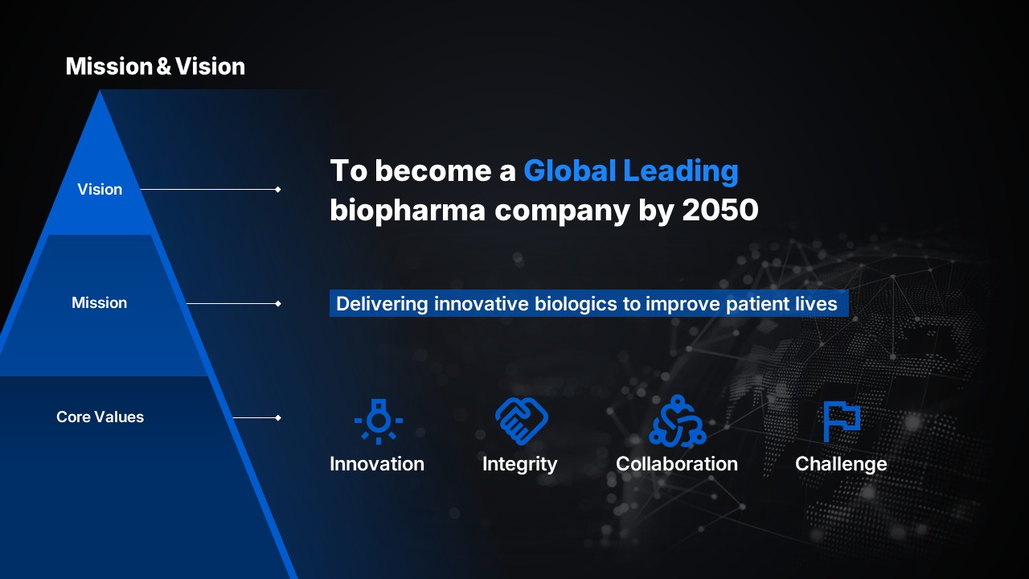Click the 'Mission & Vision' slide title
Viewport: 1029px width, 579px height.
[x=155, y=66]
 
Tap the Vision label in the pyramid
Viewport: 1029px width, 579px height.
[x=100, y=189]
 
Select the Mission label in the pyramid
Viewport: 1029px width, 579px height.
[x=99, y=303]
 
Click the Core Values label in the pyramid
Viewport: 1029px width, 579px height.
[x=100, y=417]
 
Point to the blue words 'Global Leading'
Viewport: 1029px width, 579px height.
[x=631, y=171]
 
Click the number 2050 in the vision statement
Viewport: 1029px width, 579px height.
[x=719, y=210]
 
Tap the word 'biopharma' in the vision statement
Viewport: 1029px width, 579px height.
[x=408, y=211]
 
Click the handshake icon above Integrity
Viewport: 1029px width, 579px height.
[x=522, y=421]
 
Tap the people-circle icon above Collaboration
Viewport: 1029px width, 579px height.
[x=677, y=421]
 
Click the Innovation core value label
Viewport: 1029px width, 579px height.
[x=377, y=464]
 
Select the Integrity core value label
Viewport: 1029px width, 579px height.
[x=519, y=465]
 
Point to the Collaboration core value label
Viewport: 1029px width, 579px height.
[x=677, y=464]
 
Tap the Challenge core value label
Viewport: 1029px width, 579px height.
[x=841, y=465]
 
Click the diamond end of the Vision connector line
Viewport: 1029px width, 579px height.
[x=278, y=189]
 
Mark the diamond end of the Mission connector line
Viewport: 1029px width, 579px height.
[x=278, y=303]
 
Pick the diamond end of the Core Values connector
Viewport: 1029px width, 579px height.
[x=278, y=417]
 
